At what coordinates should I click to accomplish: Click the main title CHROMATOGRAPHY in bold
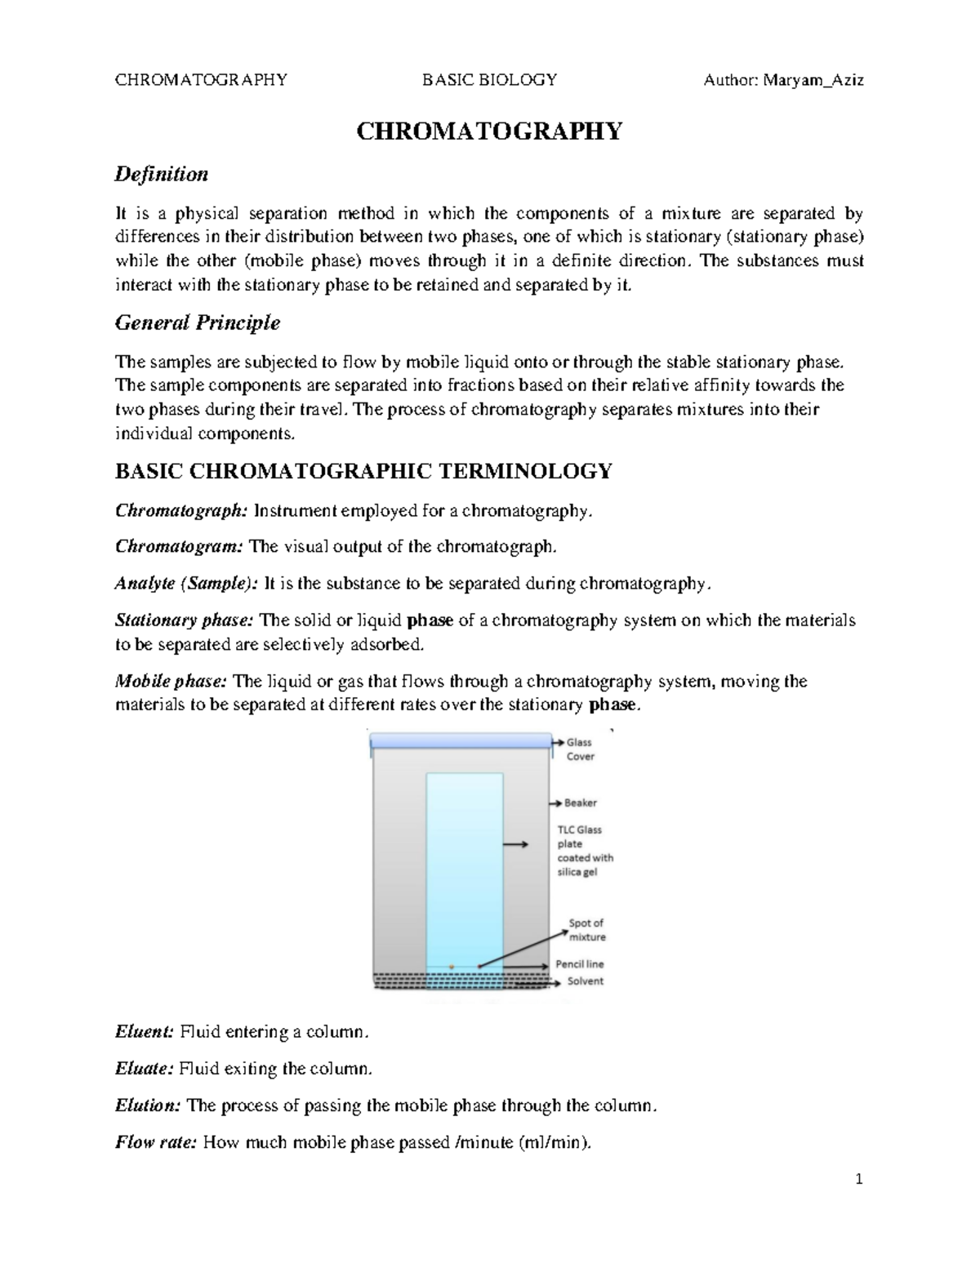[488, 131]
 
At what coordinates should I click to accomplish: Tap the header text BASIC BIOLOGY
[489, 80]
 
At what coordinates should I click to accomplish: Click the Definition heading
[162, 174]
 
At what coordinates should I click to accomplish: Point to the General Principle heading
[198, 323]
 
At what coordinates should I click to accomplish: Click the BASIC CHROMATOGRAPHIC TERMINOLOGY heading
[363, 471]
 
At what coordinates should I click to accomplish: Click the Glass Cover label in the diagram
[580, 750]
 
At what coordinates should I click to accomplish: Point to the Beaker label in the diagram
[581, 803]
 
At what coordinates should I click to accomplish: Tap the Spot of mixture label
[586, 930]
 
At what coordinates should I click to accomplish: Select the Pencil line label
[580, 964]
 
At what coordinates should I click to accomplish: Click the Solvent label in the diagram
[585, 981]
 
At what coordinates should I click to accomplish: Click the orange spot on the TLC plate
[451, 967]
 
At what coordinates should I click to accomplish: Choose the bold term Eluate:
[144, 1069]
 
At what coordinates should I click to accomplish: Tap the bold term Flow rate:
[155, 1142]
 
